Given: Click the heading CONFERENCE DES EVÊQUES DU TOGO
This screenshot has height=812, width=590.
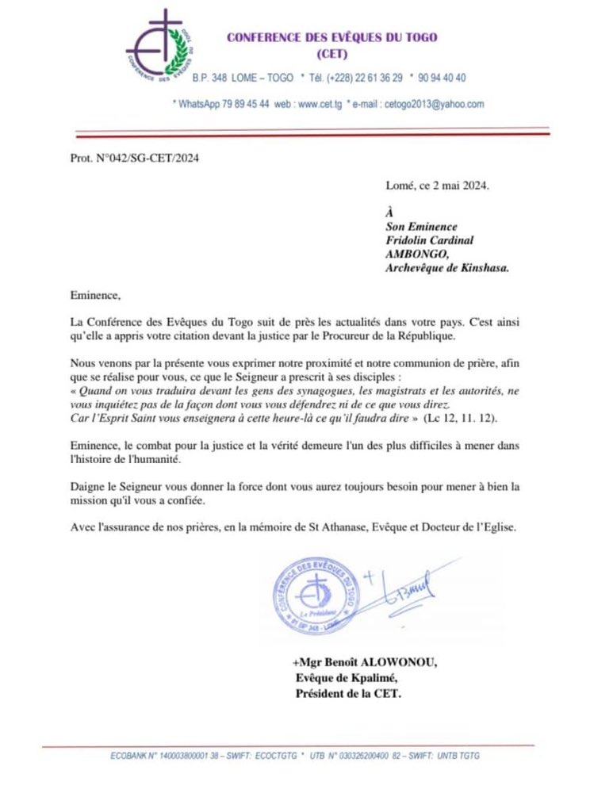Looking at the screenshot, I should point(331,37).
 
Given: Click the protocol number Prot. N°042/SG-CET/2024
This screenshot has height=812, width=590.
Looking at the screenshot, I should point(124,158).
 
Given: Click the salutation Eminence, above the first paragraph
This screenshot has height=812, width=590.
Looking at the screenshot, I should point(94,296).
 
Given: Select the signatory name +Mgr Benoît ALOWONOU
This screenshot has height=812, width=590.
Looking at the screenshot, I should point(364,663).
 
